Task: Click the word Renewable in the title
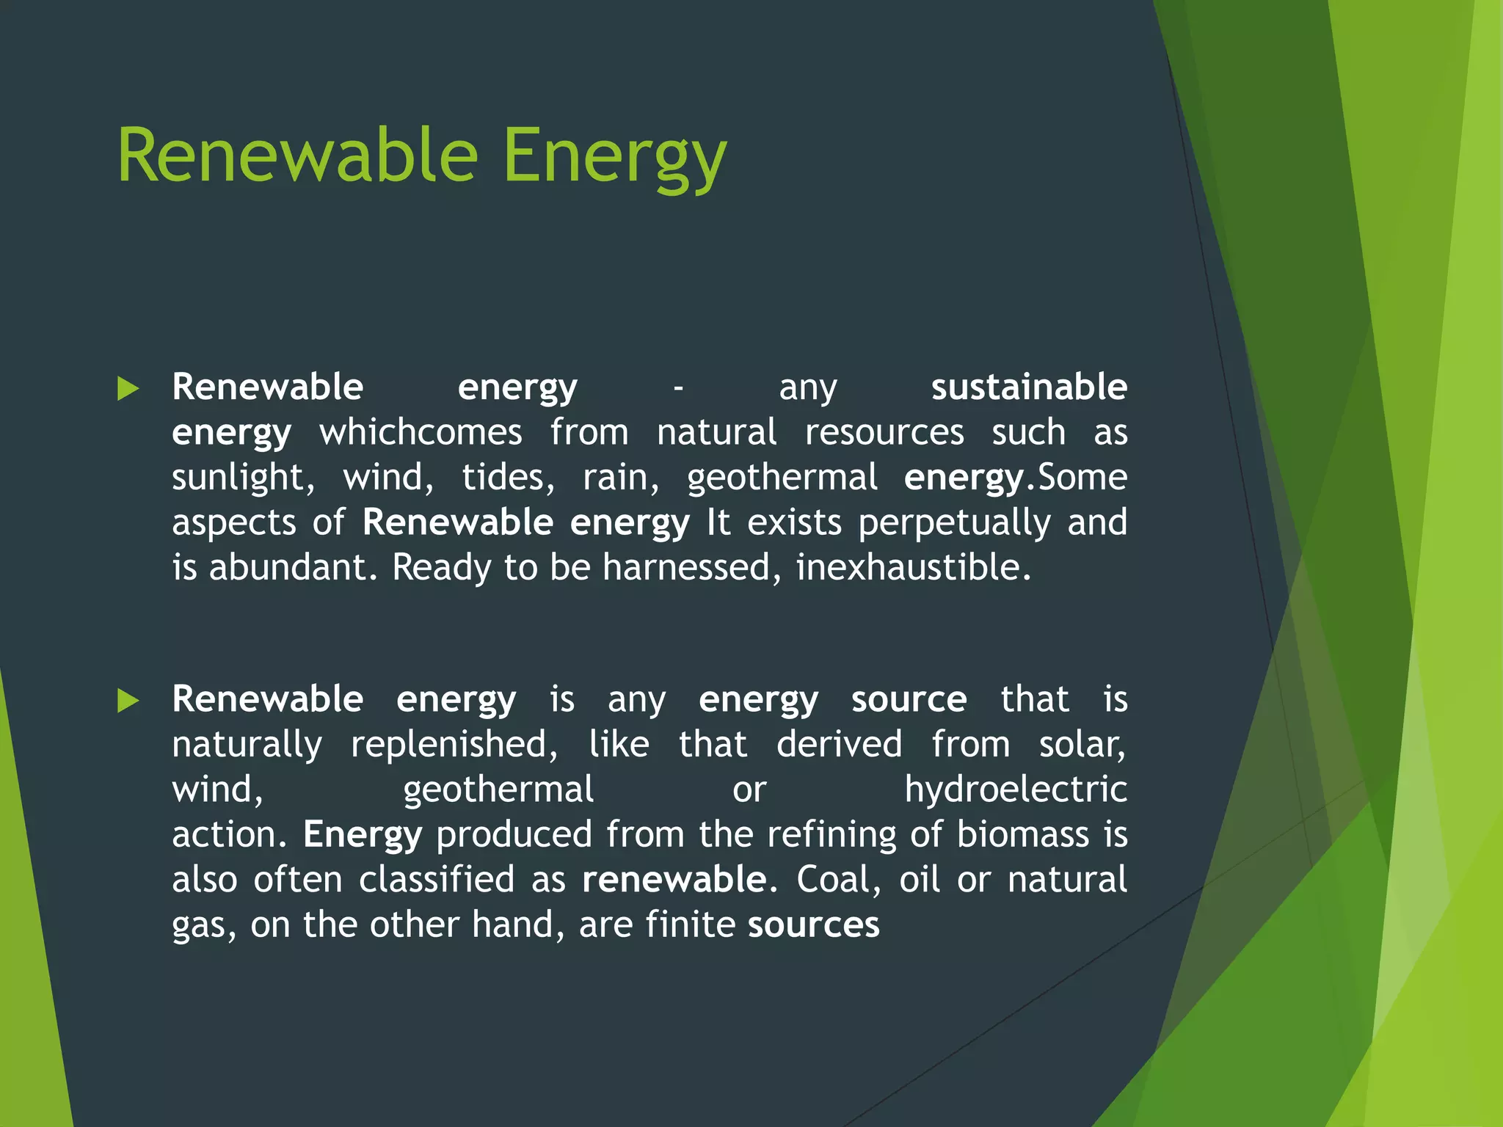click(x=297, y=156)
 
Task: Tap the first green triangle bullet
click(x=128, y=388)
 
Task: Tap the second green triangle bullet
click(x=128, y=701)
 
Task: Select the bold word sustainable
click(x=1028, y=387)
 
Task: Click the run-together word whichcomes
click(x=421, y=432)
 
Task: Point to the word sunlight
click(x=238, y=478)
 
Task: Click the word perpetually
click(x=954, y=523)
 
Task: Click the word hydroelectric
click(x=1015, y=790)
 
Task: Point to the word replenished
click(x=449, y=745)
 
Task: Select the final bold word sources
click(x=813, y=925)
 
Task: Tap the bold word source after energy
click(x=909, y=699)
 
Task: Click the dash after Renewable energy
click(x=678, y=388)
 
